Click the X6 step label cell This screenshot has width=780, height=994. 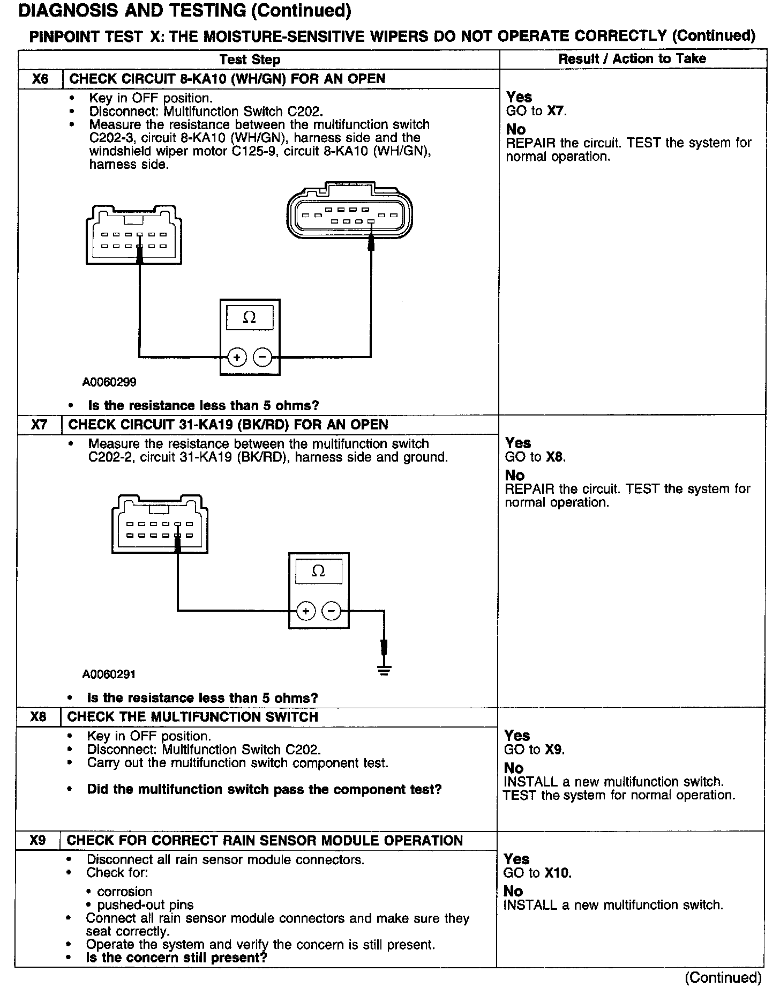tap(40, 79)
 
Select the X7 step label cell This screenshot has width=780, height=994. tap(39, 425)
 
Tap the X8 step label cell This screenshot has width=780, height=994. tap(38, 717)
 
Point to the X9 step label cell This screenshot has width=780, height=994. tap(37, 840)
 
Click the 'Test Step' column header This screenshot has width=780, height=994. tap(250, 60)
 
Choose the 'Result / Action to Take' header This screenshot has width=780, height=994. tap(632, 59)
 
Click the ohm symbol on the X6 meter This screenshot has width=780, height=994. tap(250, 317)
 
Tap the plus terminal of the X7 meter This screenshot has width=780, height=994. tap(305, 611)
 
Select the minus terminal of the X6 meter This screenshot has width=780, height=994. tap(262, 357)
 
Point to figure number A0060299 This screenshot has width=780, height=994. tap(109, 382)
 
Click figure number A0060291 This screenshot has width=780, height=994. tap(109, 674)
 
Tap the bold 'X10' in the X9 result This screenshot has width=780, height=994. tap(558, 873)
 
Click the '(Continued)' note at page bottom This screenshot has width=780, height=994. tap(723, 977)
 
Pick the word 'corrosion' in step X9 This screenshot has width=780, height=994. tap(124, 892)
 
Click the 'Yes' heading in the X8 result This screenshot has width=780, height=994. tap(517, 736)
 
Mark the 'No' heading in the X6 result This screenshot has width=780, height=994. tap(516, 130)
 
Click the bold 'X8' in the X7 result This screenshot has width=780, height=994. tap(556, 457)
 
